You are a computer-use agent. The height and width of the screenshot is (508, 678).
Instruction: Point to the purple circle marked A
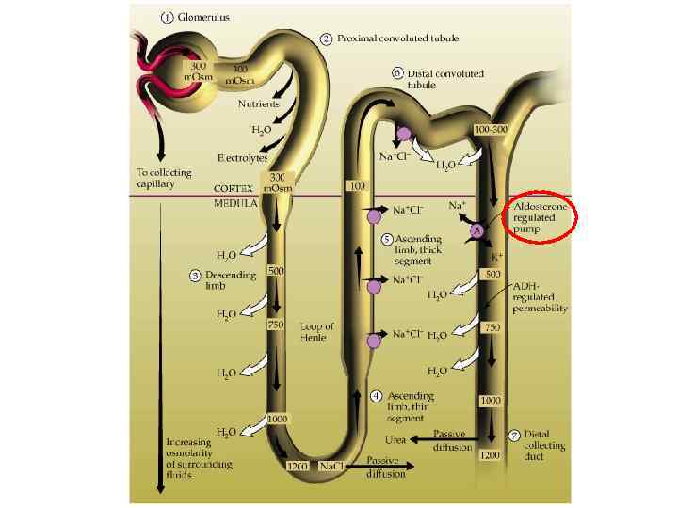click(477, 230)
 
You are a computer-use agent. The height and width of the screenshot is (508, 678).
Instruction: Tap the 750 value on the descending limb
click(274, 325)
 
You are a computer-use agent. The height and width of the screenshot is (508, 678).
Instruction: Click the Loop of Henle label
click(315, 331)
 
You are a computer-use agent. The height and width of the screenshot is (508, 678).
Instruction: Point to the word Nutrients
click(259, 103)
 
